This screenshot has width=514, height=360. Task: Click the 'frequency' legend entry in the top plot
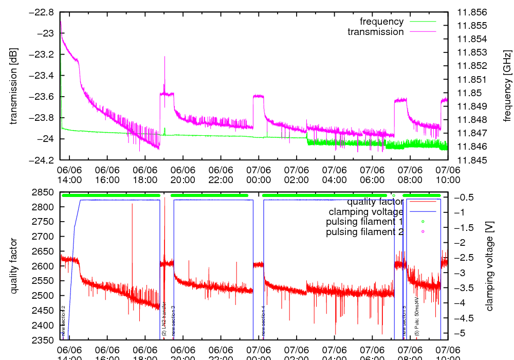point(381,22)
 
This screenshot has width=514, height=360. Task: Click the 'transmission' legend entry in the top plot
point(376,32)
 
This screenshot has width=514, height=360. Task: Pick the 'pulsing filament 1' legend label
point(364,222)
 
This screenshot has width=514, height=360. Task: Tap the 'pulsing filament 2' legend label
point(364,232)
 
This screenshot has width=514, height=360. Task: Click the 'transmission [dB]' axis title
point(13,86)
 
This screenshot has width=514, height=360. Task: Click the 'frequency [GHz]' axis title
point(507,86)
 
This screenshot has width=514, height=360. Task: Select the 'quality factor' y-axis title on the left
point(13,266)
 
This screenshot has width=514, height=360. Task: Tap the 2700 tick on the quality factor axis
point(44,237)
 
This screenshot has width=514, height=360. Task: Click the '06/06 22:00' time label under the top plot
point(221,175)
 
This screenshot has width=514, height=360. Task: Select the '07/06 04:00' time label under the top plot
point(334,175)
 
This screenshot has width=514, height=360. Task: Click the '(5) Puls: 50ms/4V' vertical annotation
point(417,316)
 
